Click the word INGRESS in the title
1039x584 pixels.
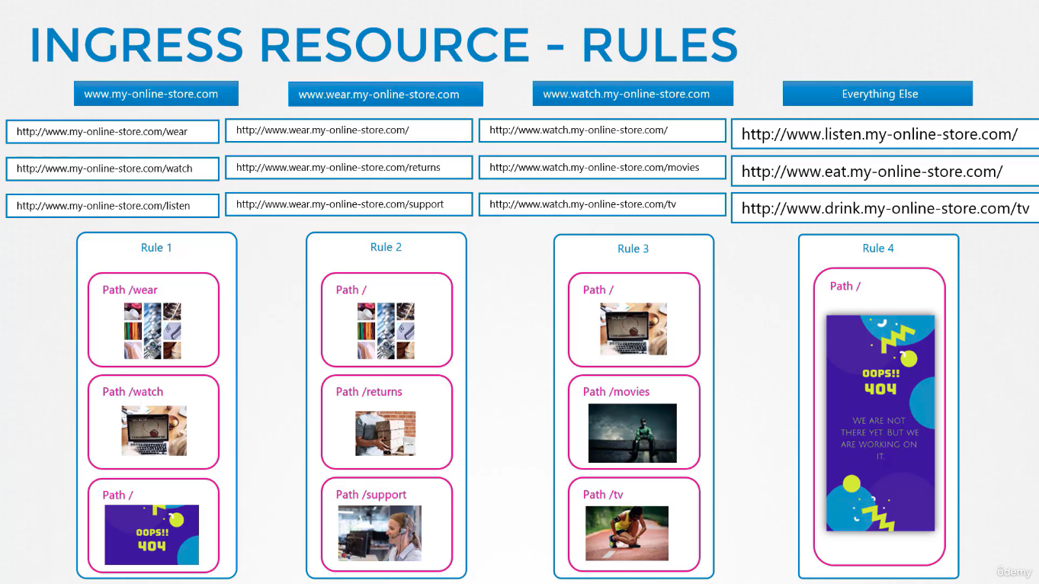[136, 44]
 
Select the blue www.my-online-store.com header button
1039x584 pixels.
[156, 94]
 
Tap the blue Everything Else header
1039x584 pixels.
[877, 94]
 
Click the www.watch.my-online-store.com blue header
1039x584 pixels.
[633, 94]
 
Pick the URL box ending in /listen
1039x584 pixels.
[112, 206]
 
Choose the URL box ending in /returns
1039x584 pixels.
[349, 168]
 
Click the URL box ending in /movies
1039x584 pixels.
[602, 168]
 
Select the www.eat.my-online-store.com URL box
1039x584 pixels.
[885, 172]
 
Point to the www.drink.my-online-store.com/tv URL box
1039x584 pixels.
[885, 208]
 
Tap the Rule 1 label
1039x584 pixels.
[156, 248]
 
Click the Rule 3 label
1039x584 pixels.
[633, 249]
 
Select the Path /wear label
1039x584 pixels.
[130, 290]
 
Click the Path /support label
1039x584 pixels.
[371, 495]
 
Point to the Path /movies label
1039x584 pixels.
[616, 392]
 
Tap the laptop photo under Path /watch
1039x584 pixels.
[154, 431]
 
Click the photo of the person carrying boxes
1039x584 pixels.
[386, 433]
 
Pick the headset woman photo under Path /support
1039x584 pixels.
[380, 534]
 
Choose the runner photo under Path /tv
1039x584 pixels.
[627, 534]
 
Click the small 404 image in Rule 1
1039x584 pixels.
[152, 535]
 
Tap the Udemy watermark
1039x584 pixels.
[1014, 572]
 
